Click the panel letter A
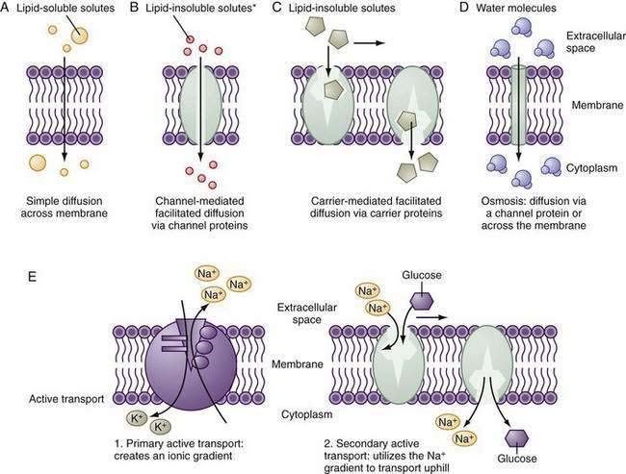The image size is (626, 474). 9,12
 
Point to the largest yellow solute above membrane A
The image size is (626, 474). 76,35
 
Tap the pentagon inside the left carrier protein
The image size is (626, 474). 331,90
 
